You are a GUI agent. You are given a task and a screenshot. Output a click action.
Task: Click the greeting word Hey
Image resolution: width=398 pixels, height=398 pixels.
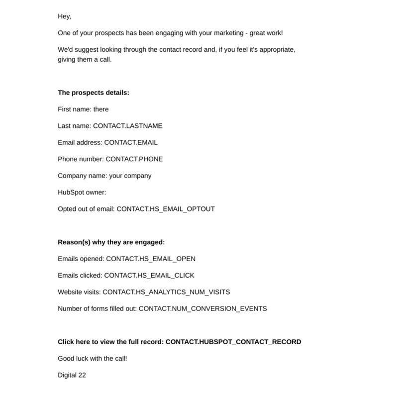tap(64, 16)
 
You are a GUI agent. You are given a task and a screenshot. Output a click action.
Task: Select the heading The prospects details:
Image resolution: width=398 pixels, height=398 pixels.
tap(94, 93)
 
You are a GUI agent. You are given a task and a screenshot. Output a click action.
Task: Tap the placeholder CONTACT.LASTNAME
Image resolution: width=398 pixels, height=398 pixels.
tap(127, 126)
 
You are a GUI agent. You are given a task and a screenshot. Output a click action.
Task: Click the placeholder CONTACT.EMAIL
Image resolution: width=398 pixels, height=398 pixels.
tap(131, 142)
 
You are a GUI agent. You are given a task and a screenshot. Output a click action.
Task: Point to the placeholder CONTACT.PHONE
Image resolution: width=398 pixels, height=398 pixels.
tap(134, 159)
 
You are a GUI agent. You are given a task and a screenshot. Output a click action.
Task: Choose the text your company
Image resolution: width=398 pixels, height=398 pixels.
tap(130, 176)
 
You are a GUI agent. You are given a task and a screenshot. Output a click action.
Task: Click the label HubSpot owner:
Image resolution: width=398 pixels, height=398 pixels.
tap(82, 192)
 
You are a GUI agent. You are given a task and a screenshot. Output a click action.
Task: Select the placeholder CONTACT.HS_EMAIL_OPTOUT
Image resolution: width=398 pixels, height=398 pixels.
tap(166, 209)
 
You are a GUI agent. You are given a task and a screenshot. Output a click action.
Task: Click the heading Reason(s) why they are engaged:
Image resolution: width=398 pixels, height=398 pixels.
tap(111, 242)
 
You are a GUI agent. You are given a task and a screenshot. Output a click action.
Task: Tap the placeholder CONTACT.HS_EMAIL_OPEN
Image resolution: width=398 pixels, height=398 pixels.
tap(151, 259)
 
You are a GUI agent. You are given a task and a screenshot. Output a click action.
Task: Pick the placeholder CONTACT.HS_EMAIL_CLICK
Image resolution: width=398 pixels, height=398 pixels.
tap(149, 275)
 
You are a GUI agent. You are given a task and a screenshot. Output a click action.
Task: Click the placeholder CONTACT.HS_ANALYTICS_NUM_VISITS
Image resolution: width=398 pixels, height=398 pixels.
tap(166, 292)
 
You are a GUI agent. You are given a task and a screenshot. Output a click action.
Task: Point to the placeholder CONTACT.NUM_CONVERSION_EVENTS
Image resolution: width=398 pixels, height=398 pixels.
tap(202, 308)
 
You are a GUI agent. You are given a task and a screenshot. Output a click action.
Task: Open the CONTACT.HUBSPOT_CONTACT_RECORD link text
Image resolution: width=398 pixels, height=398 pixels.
tap(233, 342)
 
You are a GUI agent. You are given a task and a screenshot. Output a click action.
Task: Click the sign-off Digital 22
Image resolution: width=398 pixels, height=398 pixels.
tap(72, 375)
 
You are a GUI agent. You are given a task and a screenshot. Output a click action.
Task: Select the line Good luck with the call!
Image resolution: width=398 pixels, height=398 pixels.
tap(93, 358)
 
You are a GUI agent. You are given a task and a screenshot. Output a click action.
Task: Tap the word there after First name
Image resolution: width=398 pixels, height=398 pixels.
tap(101, 109)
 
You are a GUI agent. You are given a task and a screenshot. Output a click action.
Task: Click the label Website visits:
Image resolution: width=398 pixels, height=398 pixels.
tap(79, 292)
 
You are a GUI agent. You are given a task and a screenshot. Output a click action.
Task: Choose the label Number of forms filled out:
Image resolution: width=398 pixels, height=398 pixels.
tap(97, 308)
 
